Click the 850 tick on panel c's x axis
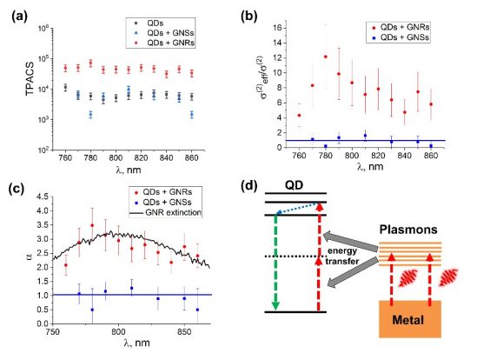click(x=184, y=334)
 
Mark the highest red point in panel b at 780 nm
click(x=325, y=57)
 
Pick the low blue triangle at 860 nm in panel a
click(x=192, y=114)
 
